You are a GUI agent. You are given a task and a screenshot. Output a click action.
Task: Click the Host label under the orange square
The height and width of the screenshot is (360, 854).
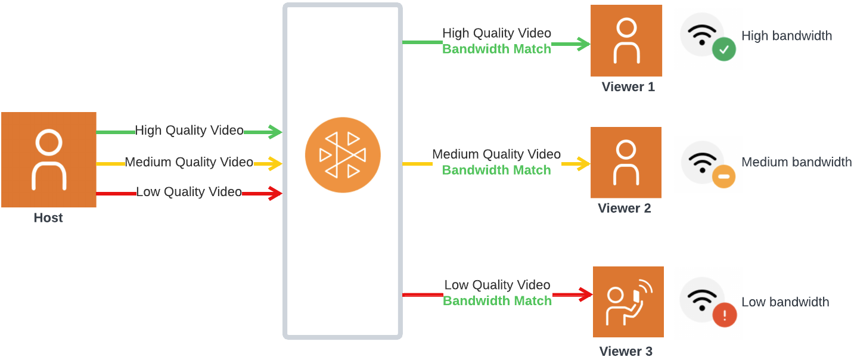(48, 218)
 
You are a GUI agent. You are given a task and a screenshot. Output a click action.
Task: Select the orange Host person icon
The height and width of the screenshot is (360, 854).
(48, 160)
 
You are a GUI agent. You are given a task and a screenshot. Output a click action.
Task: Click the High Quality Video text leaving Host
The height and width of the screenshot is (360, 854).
(189, 131)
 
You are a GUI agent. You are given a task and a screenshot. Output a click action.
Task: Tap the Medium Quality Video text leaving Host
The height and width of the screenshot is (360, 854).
(189, 162)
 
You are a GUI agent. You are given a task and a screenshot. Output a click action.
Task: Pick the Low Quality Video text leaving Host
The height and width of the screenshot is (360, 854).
(189, 192)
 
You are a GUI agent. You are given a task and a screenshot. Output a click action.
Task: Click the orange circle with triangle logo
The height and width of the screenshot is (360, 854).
(342, 155)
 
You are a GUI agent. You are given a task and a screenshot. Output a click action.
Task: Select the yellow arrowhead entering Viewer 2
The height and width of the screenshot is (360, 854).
(583, 164)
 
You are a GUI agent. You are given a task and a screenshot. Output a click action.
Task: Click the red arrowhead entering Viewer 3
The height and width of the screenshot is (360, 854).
(585, 294)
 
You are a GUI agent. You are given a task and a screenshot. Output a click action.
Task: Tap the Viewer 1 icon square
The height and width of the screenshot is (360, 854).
(626, 41)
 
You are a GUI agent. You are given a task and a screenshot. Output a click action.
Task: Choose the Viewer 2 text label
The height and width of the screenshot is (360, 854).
(625, 209)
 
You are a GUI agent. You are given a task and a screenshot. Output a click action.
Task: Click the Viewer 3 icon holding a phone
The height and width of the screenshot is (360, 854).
(628, 302)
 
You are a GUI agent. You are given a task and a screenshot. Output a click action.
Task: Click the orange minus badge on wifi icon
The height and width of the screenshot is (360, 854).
(723, 176)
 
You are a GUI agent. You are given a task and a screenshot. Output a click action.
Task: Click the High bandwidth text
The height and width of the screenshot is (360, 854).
(786, 36)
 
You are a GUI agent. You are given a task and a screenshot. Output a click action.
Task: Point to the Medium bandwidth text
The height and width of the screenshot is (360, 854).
(796, 162)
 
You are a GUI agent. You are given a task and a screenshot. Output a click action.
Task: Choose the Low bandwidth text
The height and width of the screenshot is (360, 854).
(785, 302)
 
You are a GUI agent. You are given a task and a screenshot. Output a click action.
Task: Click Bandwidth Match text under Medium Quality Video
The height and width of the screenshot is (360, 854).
(496, 170)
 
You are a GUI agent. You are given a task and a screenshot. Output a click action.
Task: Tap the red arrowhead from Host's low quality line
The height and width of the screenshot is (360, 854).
(275, 193)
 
